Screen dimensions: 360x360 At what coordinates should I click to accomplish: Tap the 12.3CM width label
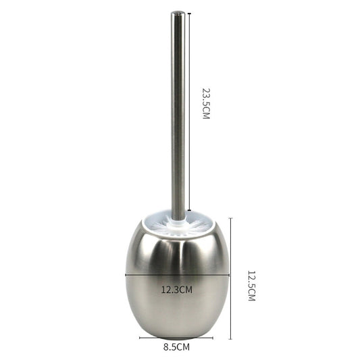point(177,290)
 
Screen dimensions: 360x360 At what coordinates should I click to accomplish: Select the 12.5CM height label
point(251,285)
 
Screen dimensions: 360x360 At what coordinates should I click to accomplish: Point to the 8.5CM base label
point(176,347)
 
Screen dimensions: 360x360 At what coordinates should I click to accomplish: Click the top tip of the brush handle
point(178,13)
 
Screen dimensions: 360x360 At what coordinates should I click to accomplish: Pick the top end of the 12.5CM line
point(230,218)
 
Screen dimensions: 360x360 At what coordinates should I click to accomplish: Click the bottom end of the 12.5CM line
point(230,339)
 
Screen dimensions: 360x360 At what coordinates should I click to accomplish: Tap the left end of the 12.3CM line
point(126,274)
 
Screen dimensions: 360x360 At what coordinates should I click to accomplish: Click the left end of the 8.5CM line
point(140,338)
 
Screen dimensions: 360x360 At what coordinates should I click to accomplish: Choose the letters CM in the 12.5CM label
point(251,295)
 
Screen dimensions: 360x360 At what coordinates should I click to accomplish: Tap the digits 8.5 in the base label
point(171,347)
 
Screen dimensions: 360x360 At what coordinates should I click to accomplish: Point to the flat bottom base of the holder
point(176,335)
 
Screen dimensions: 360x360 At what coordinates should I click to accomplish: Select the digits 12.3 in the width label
point(171,290)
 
